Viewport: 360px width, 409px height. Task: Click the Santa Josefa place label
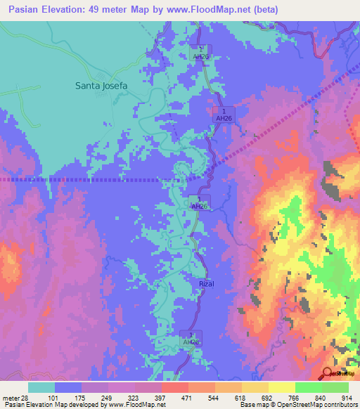[101, 86]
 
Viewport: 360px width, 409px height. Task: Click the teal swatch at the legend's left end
[41, 387]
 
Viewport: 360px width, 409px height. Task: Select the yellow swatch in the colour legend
[255, 387]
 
